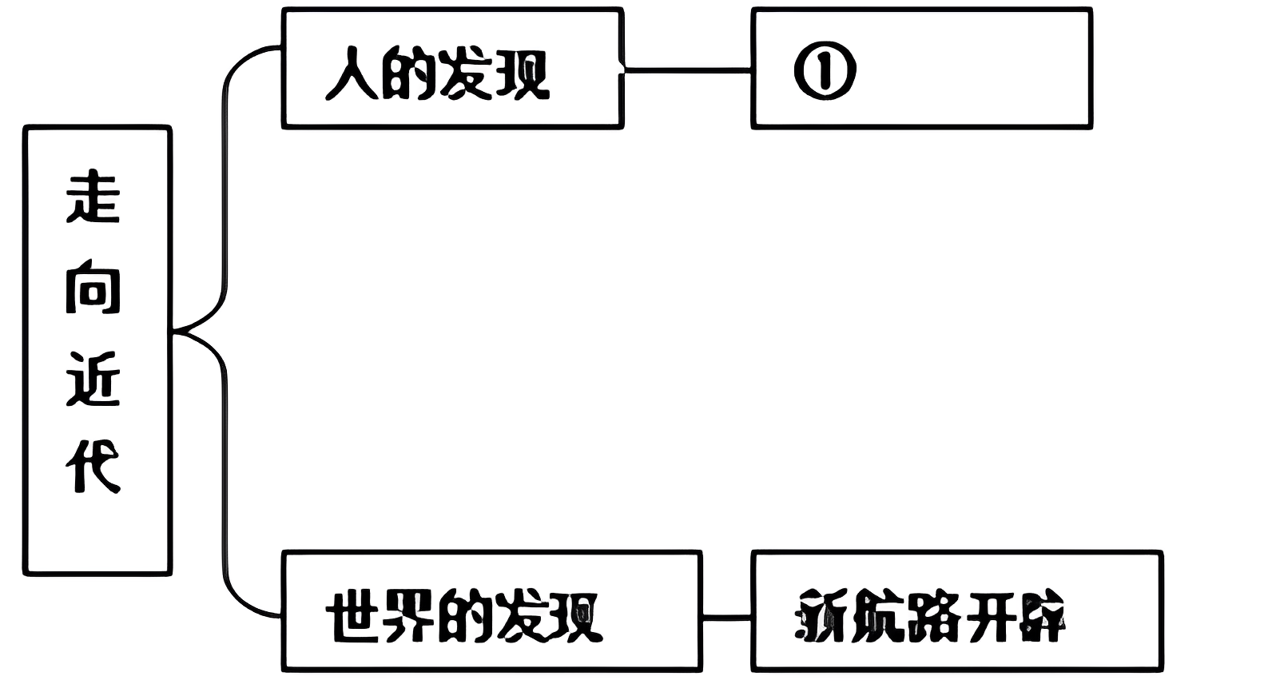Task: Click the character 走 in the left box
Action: coord(93,197)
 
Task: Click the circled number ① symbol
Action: coord(825,71)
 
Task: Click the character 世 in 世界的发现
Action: coord(354,617)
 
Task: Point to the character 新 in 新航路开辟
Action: coord(822,617)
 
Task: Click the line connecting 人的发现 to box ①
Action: coord(687,70)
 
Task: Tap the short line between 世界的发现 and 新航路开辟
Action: coord(726,616)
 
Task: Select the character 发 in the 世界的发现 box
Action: coord(520,617)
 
